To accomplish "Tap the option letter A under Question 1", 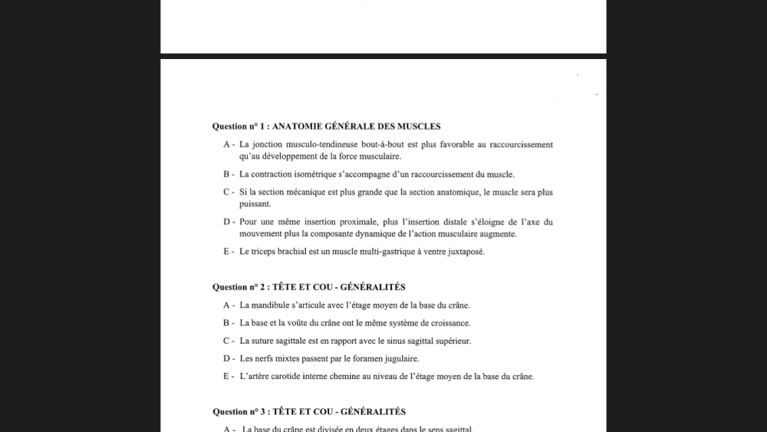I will [x=226, y=145].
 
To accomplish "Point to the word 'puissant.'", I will [x=255, y=204].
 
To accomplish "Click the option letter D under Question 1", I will [x=227, y=223].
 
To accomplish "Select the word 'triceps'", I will [x=265, y=252].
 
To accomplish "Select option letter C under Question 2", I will [x=227, y=341].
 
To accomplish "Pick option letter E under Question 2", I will [x=227, y=377].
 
